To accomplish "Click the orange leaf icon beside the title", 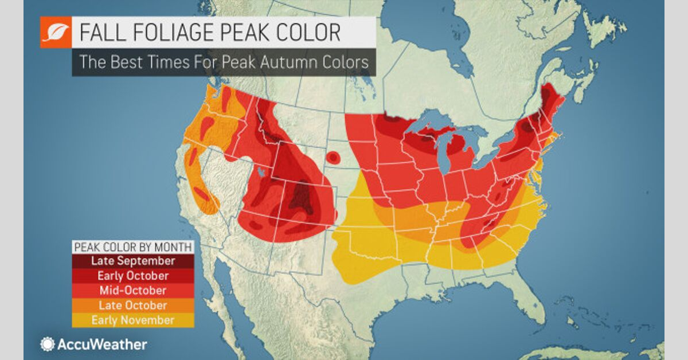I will tap(55, 33).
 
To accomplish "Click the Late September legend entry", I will tap(133, 261).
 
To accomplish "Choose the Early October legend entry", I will tap(133, 276).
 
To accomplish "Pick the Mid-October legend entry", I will tap(133, 291).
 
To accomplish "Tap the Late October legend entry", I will tap(133, 306).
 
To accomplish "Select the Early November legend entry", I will tap(133, 320).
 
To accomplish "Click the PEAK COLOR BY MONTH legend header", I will tap(133, 247).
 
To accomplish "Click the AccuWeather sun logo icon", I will tap(47, 344).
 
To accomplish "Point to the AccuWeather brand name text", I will tap(101, 345).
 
